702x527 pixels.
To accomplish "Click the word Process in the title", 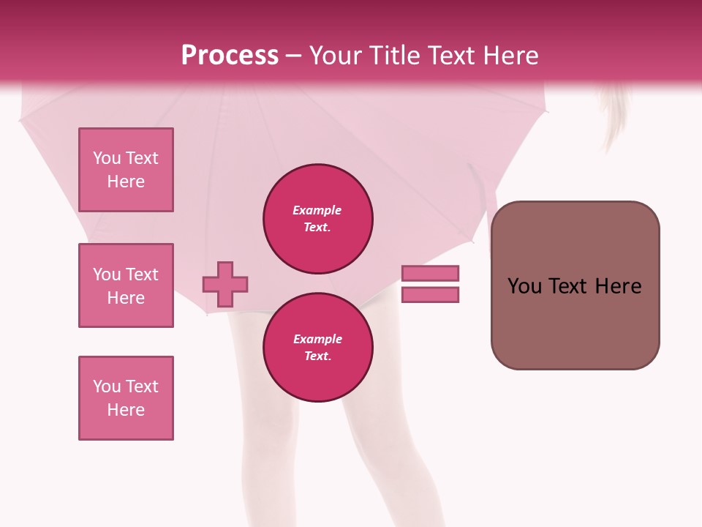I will tap(230, 56).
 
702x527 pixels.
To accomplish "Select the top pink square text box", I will tap(126, 170).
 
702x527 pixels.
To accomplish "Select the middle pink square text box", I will tap(126, 285).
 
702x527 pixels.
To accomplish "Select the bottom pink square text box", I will tap(126, 398).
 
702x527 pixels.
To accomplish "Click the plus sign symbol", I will tap(225, 284).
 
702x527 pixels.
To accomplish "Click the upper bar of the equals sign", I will tap(430, 273).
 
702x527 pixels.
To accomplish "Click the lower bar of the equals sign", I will tap(430, 295).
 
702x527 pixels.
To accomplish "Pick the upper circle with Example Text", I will tap(317, 219).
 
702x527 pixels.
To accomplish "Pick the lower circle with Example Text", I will tap(317, 347).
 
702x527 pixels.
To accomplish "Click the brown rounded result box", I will tap(575, 322).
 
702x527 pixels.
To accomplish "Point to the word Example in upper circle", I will tap(317, 211).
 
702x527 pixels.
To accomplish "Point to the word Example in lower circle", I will tap(317, 339).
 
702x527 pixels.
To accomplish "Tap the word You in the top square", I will tap(107, 158).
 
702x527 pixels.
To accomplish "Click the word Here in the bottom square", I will tap(126, 410).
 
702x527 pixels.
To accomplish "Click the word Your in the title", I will tap(335, 56).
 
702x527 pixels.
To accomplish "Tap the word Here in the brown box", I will tap(618, 286).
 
